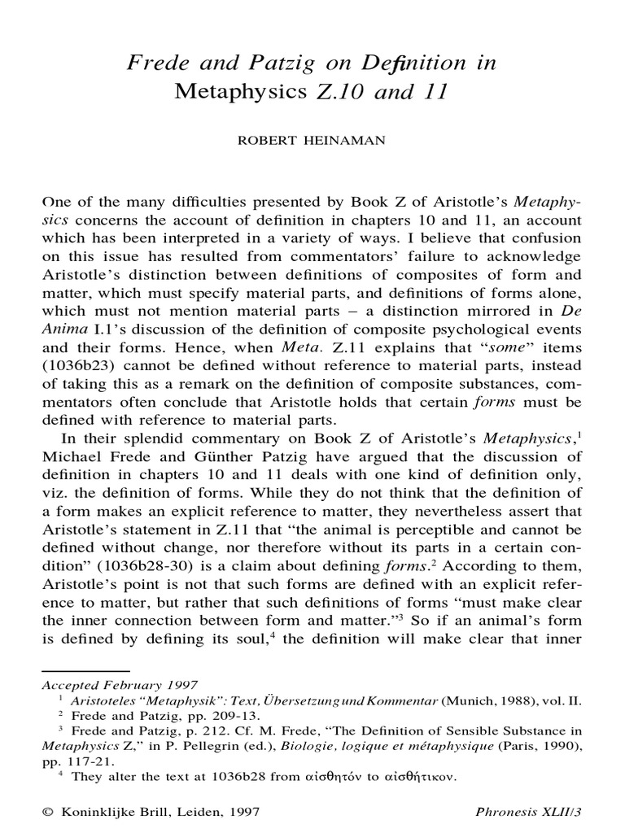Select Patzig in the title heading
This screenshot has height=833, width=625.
(269, 64)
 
